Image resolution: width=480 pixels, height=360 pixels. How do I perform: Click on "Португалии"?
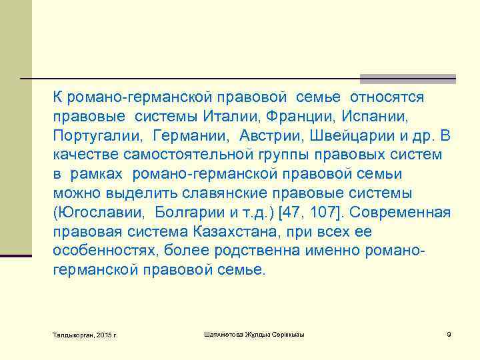coord(98,136)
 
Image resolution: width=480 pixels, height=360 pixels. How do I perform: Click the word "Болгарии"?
coord(190,213)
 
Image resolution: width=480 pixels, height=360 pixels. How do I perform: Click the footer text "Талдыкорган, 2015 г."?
coord(85,334)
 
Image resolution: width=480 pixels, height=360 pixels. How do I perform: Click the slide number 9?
coord(449,333)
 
